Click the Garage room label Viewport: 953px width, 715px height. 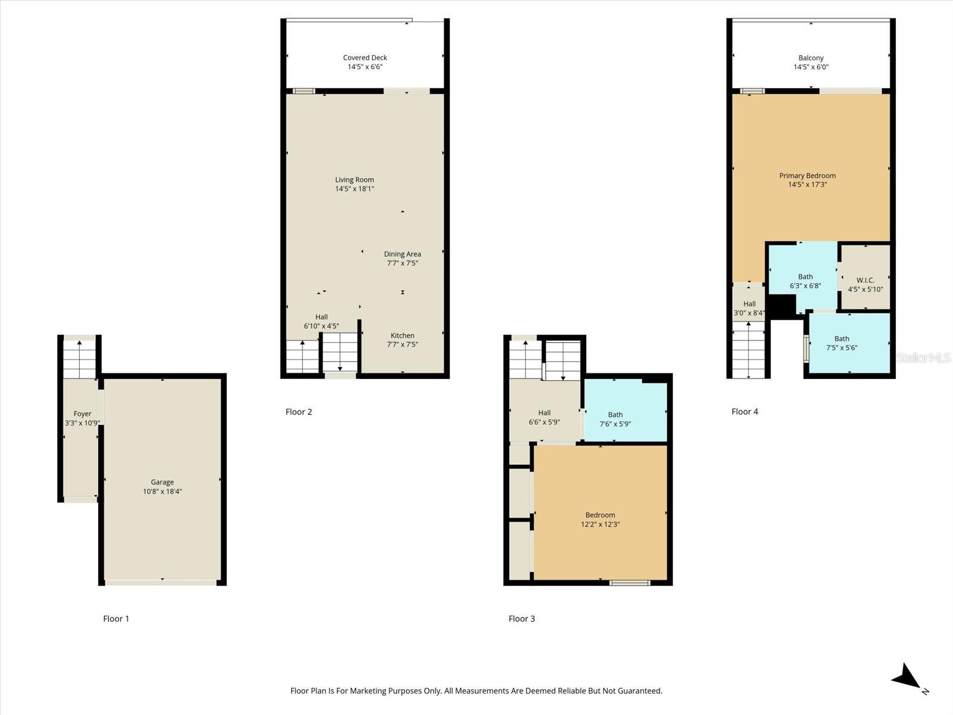[x=162, y=482]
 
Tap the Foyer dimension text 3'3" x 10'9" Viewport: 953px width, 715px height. [x=82, y=423]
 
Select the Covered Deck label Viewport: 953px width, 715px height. [x=365, y=58]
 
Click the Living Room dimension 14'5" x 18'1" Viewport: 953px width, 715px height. [x=354, y=189]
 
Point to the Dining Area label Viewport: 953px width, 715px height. [x=402, y=254]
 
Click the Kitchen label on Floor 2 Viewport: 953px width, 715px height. [x=402, y=335]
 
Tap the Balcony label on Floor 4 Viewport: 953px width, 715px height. [x=811, y=58]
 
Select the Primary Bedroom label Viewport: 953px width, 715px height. [x=807, y=175]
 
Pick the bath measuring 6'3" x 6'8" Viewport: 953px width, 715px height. [x=805, y=281]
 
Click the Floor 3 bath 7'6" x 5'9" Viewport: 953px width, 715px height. [x=615, y=419]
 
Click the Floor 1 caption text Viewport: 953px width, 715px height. [x=116, y=618]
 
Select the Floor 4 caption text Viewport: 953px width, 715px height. [x=745, y=411]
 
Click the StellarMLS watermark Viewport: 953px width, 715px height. [x=923, y=357]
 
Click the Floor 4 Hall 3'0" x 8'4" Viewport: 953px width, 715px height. [x=749, y=308]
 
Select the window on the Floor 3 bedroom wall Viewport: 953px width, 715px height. [x=630, y=582]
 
